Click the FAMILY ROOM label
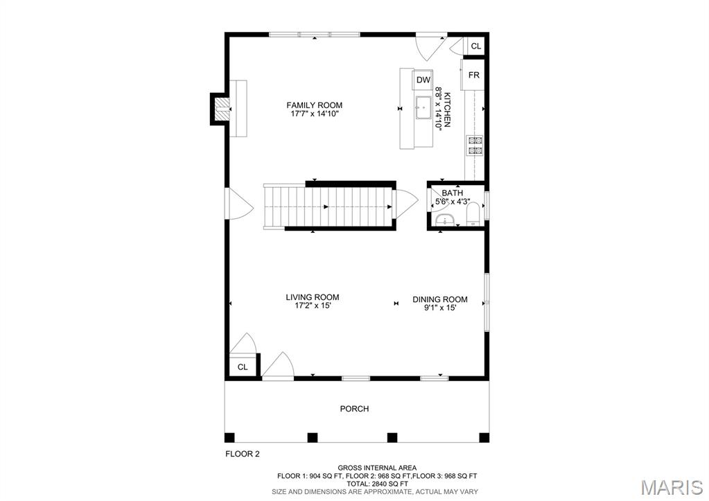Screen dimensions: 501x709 (315, 105)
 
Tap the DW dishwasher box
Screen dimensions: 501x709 (423, 80)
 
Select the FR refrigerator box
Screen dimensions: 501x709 (474, 75)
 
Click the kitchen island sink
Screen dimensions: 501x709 (423, 108)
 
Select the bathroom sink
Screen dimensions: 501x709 (443, 220)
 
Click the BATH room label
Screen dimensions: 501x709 (453, 193)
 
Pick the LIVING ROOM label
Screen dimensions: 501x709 (313, 297)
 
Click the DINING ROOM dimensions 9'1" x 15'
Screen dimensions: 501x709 (440, 308)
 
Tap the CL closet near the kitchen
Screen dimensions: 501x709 (475, 46)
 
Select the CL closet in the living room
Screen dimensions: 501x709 (243, 367)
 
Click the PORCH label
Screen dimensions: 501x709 (354, 409)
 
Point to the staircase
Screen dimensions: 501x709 (329, 206)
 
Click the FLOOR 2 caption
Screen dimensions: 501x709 (243, 455)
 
